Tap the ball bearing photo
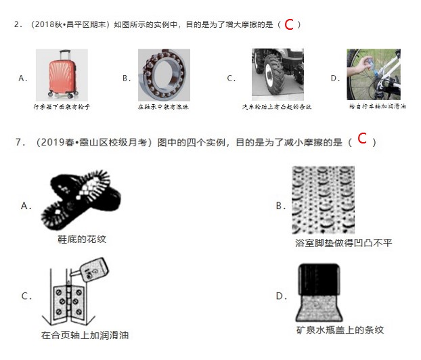164,74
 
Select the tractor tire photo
277,74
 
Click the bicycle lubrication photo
373,74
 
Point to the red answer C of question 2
288,25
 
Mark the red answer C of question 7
362,139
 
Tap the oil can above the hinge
93,269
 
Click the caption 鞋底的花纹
82,239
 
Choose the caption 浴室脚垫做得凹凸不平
343,242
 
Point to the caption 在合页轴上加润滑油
85,335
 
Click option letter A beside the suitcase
22,78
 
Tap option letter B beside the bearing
126,78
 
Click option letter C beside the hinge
26,296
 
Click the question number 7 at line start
18,142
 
